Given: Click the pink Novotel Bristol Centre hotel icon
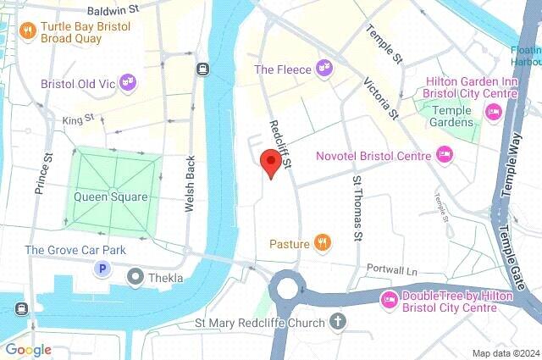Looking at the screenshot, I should (x=444, y=153).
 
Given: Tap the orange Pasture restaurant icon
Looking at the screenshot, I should (x=322, y=244).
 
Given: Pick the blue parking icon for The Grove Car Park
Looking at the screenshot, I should (x=102, y=269).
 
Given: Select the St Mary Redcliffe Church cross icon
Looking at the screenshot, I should (x=338, y=322).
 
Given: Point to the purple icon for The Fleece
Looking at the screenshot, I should (x=323, y=67).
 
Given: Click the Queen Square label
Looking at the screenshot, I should (x=111, y=197).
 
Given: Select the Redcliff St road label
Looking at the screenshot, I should (x=279, y=141).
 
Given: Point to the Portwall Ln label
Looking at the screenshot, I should (x=392, y=269).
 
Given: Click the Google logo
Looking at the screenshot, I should (x=28, y=349).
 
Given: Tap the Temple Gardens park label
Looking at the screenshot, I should (x=452, y=116).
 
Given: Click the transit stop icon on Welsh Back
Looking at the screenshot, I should (x=202, y=69).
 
